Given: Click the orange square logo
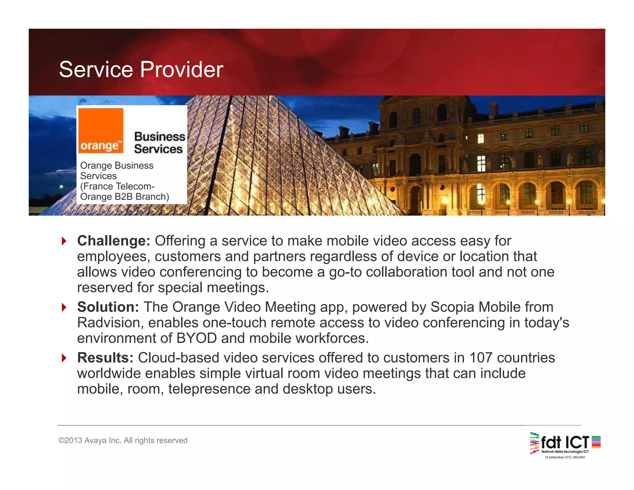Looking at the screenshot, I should [101, 131].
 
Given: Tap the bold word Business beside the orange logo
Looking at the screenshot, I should [159, 137].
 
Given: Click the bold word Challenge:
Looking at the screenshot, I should [114, 241].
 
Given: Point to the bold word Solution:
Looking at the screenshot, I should [108, 307].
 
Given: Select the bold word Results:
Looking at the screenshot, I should [105, 358].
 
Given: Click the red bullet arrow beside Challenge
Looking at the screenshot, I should [64, 241].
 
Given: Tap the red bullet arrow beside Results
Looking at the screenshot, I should [64, 358].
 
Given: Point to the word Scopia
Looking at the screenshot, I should [452, 307].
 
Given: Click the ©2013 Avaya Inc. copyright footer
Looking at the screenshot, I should [123, 440].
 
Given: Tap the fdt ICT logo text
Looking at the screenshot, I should [564, 442].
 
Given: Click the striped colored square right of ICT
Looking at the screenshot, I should [596, 442].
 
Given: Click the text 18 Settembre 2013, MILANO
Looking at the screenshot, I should [565, 457].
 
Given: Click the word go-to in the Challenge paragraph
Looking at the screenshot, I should [345, 272].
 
